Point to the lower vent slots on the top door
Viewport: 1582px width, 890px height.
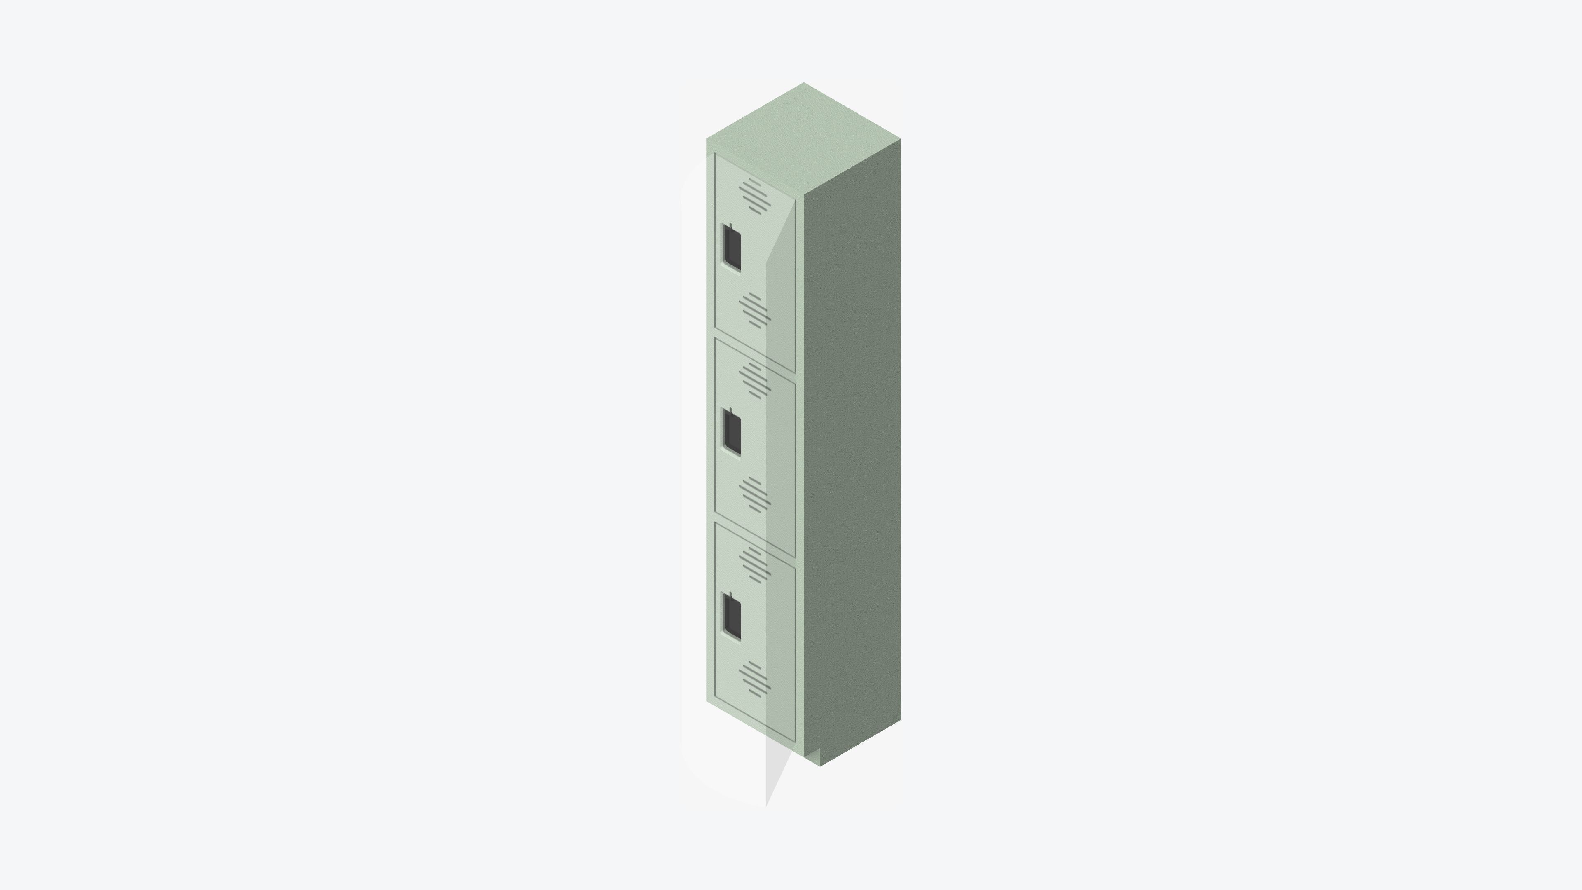tap(754, 310)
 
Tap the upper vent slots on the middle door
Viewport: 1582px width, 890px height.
tap(754, 381)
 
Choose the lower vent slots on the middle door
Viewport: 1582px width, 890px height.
tap(754, 494)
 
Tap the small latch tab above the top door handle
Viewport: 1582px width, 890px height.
tap(730, 225)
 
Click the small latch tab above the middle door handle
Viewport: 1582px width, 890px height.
tap(730, 410)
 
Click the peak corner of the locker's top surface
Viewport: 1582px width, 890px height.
tap(803, 84)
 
